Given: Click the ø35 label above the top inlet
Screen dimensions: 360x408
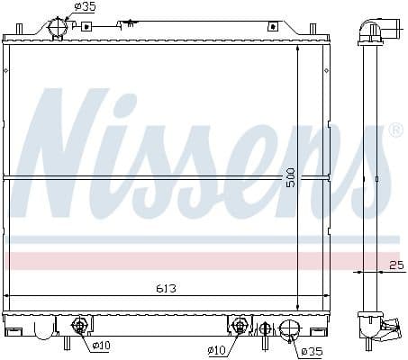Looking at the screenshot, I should [86, 7].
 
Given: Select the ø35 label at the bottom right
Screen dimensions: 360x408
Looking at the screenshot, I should [311, 350].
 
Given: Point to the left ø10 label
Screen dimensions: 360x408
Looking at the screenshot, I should [101, 344].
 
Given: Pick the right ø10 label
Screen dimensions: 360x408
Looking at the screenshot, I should [216, 349].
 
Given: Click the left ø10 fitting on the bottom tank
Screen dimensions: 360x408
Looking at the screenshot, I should [79, 325].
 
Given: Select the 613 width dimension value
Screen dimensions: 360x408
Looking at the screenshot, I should [165, 290].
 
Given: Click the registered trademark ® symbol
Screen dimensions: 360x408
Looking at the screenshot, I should [394, 132].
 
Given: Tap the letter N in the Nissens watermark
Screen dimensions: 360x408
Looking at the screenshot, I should [72, 153].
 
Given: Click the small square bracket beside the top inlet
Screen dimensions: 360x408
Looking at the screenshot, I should [87, 26].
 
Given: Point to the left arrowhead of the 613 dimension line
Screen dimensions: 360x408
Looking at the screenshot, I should [11, 296].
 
